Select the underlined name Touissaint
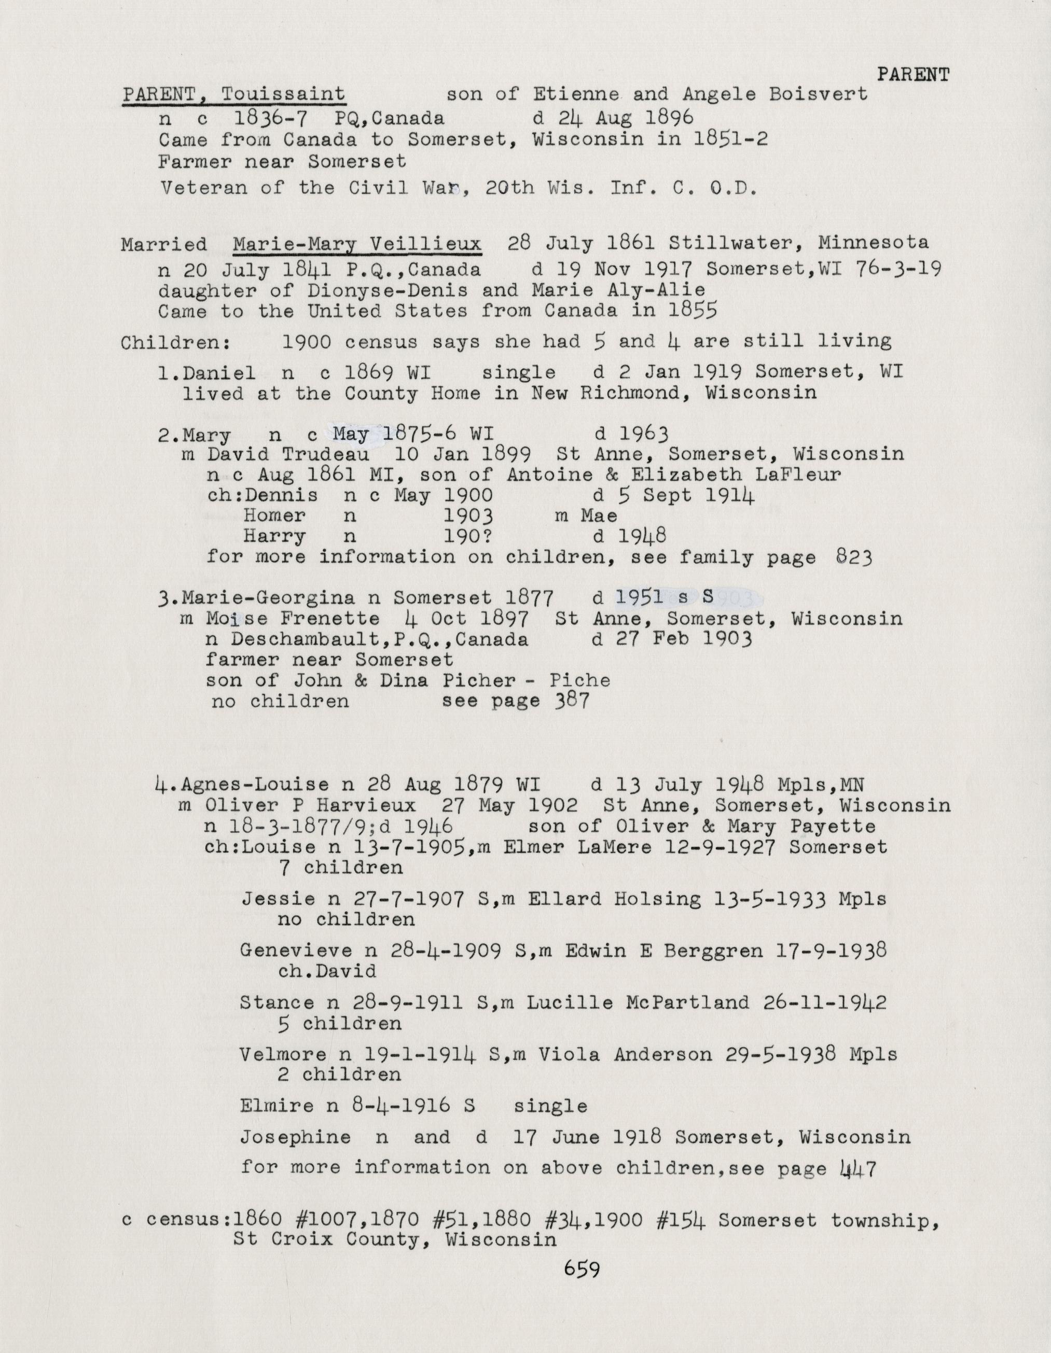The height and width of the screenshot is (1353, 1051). (283, 94)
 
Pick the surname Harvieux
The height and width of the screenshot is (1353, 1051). (372, 805)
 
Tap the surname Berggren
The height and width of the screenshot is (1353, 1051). (713, 951)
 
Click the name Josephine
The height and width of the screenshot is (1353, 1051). (295, 1137)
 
